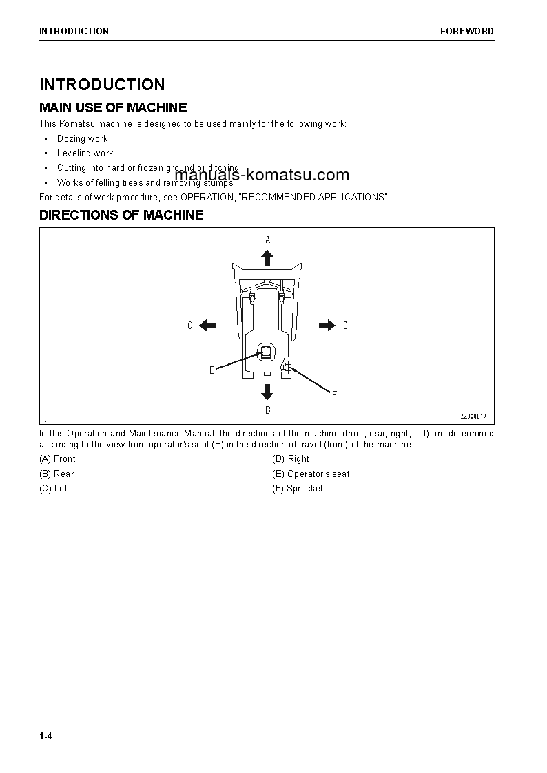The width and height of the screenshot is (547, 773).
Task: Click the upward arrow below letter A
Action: point(267,257)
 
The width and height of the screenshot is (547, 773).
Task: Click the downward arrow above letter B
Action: point(267,392)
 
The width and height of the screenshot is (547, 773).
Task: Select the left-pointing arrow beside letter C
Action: point(207,326)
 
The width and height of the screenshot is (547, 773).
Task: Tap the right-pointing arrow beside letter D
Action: point(327,326)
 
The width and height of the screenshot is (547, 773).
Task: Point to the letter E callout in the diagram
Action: point(212,370)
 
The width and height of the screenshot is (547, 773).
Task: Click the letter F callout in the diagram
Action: point(334,395)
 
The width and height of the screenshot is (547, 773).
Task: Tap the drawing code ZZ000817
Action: point(473,416)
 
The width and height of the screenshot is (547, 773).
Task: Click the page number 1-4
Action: point(45,737)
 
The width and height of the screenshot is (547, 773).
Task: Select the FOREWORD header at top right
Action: point(467,31)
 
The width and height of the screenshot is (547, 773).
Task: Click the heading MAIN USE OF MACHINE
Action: point(113,107)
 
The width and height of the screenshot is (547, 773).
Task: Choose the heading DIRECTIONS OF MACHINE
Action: point(121,215)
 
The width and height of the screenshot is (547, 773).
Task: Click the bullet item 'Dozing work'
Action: point(82,138)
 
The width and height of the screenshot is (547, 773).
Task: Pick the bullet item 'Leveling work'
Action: point(85,153)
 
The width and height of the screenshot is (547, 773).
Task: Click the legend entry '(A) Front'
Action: point(58,459)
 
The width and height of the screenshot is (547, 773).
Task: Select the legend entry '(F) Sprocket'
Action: point(298,489)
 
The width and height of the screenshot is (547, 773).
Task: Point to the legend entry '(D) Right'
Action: point(291,459)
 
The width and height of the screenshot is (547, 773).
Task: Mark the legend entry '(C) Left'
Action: point(54,489)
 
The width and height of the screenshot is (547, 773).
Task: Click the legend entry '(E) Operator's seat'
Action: point(311,474)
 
